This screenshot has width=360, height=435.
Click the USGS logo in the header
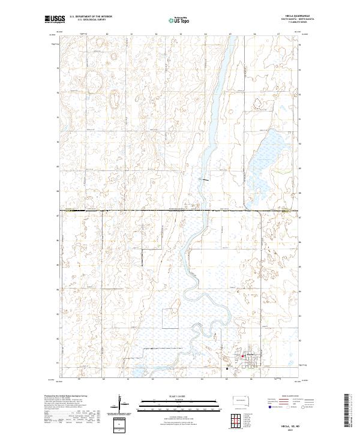(55, 19)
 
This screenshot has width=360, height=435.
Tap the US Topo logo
(174, 20)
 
